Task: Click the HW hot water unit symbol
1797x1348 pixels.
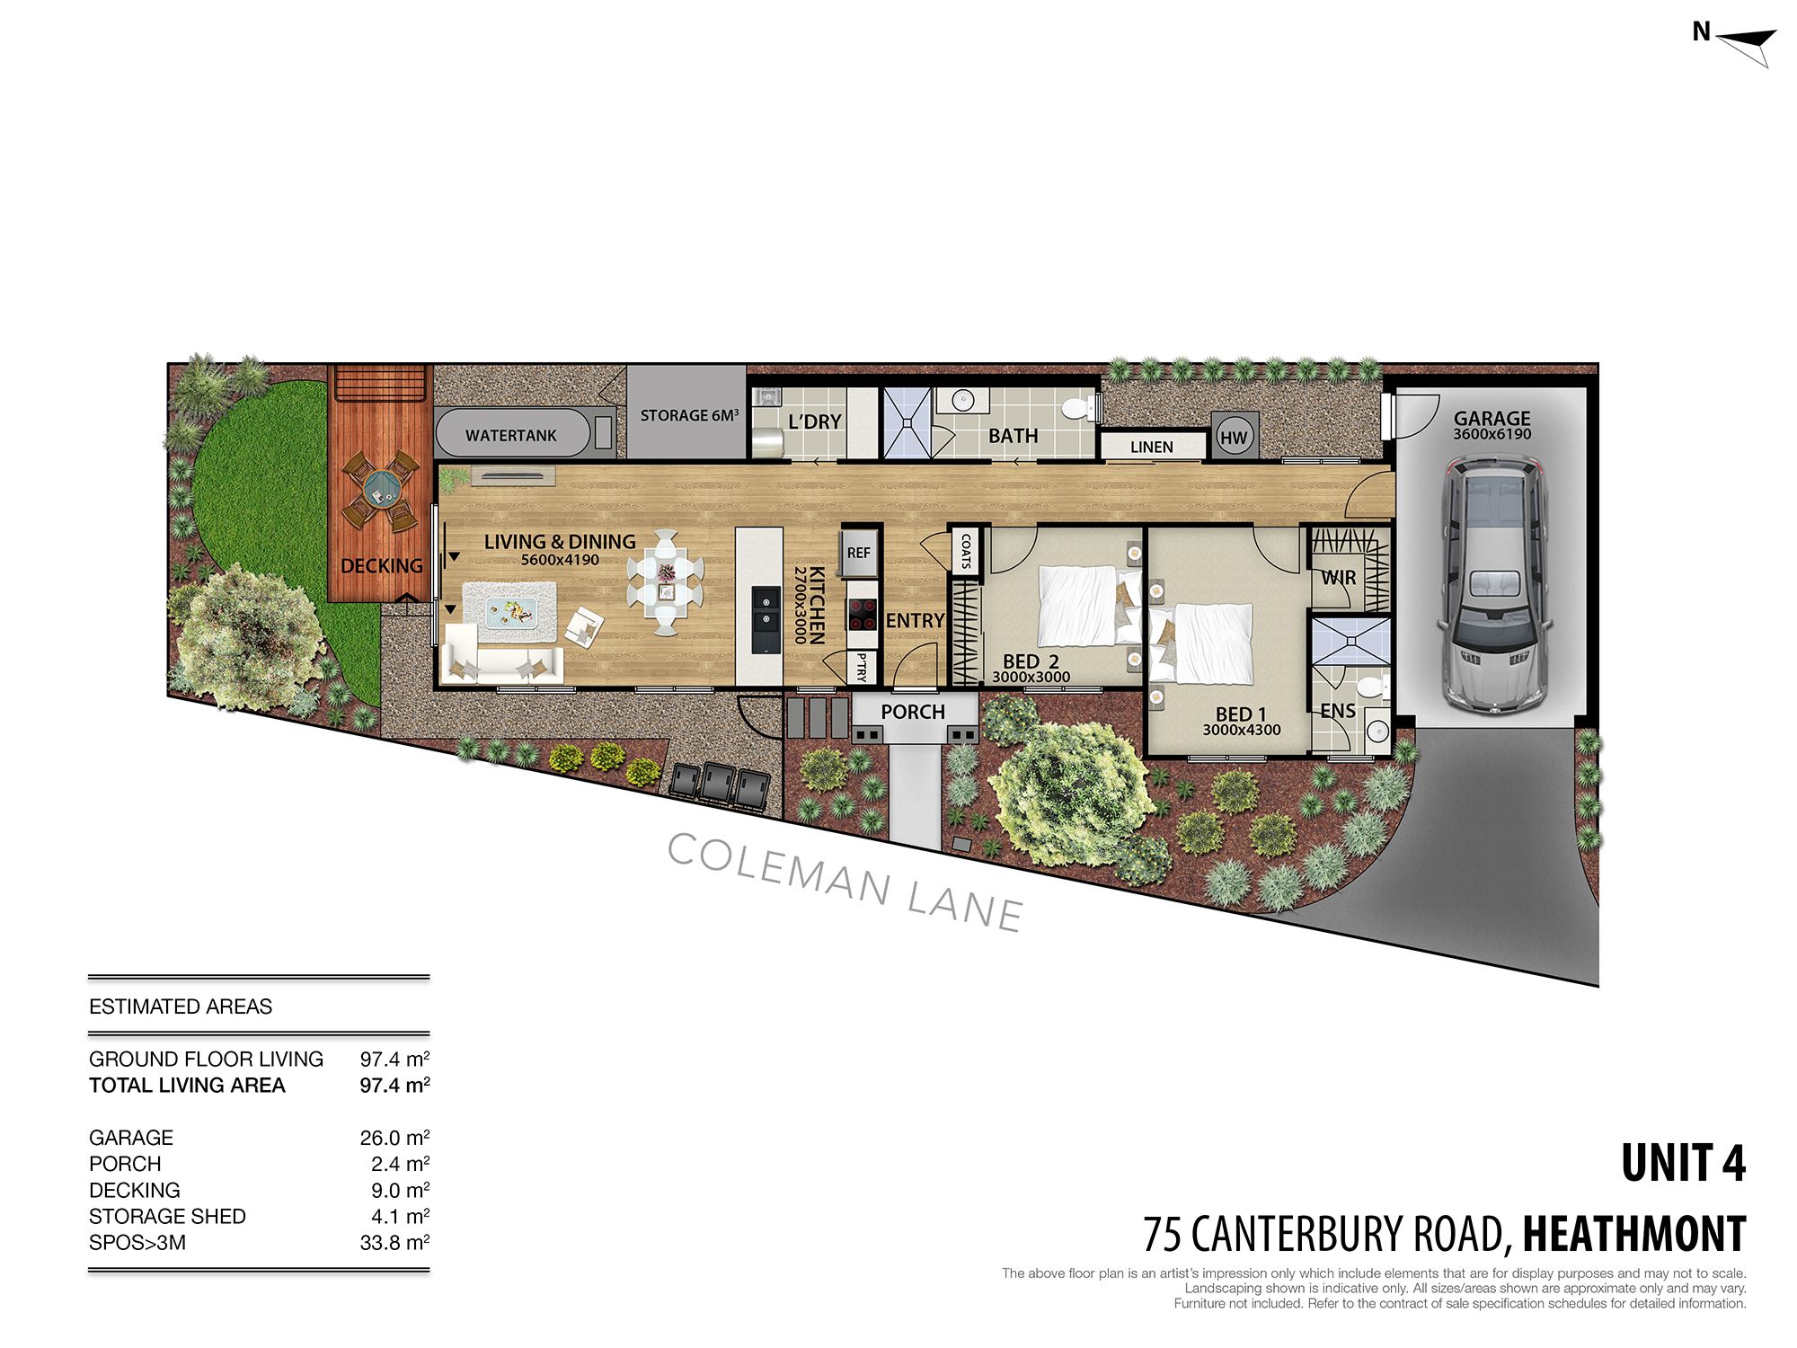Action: click(1234, 437)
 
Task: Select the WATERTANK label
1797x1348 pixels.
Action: click(511, 436)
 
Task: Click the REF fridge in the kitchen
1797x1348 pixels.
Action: click(858, 553)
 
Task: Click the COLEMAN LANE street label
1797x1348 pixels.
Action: click(845, 882)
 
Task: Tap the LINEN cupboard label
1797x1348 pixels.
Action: click(1151, 447)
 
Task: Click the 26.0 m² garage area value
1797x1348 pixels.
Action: click(394, 1137)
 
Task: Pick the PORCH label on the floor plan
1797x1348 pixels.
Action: click(913, 712)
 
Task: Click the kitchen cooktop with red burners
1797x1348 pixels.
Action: click(861, 615)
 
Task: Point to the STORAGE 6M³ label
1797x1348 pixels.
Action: click(689, 415)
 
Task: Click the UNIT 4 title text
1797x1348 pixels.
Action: click(1684, 1164)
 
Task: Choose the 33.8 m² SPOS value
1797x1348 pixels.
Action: click(394, 1242)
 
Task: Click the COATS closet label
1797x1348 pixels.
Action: click(966, 551)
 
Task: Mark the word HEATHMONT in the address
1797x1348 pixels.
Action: click(1634, 1234)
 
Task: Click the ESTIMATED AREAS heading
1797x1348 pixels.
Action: click(181, 1007)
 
